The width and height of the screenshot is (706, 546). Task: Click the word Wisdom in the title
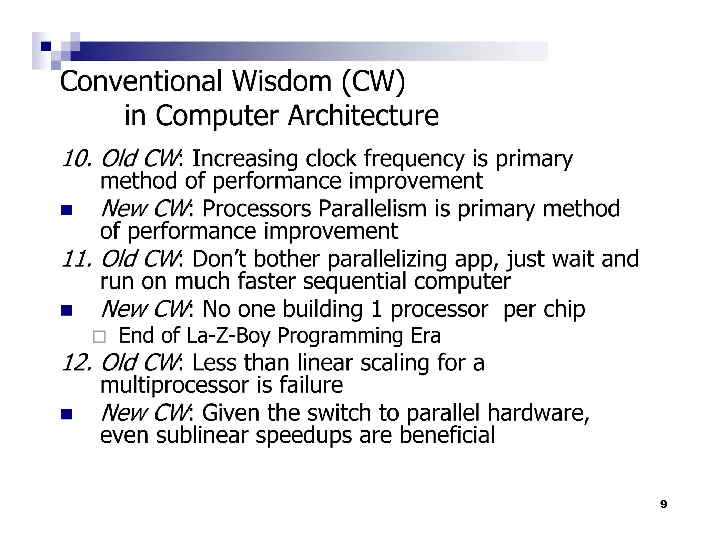click(x=282, y=81)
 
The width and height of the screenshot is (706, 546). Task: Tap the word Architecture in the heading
click(x=363, y=116)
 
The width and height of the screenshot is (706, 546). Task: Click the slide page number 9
click(x=664, y=504)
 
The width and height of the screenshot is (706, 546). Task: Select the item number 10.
click(x=76, y=159)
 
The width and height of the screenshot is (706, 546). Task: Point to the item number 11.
click(x=76, y=259)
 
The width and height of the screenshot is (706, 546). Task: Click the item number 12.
click(x=76, y=363)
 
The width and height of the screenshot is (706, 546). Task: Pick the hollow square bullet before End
click(x=100, y=336)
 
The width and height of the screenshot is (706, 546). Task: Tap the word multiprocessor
click(x=174, y=385)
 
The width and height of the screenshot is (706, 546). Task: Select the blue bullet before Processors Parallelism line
click(x=67, y=210)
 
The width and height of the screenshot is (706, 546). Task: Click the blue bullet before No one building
click(x=67, y=310)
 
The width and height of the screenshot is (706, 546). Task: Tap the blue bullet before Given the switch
click(x=67, y=414)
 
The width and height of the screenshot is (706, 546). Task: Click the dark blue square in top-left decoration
click(x=46, y=46)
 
